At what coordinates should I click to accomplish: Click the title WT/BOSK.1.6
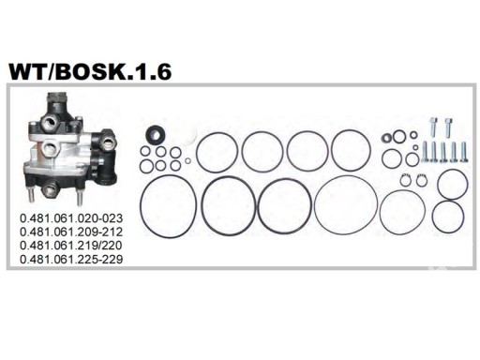point(90,72)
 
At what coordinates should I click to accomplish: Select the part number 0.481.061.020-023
point(71,218)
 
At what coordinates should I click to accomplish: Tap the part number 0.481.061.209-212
point(71,232)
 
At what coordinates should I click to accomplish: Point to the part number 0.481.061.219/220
point(71,246)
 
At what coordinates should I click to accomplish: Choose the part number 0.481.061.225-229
point(71,259)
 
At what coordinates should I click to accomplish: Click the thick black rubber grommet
point(156,135)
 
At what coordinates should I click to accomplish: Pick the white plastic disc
point(189,137)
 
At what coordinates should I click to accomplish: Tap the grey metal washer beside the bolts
point(386,138)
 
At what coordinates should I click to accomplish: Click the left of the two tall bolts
point(433,127)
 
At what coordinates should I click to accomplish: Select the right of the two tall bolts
point(448,127)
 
